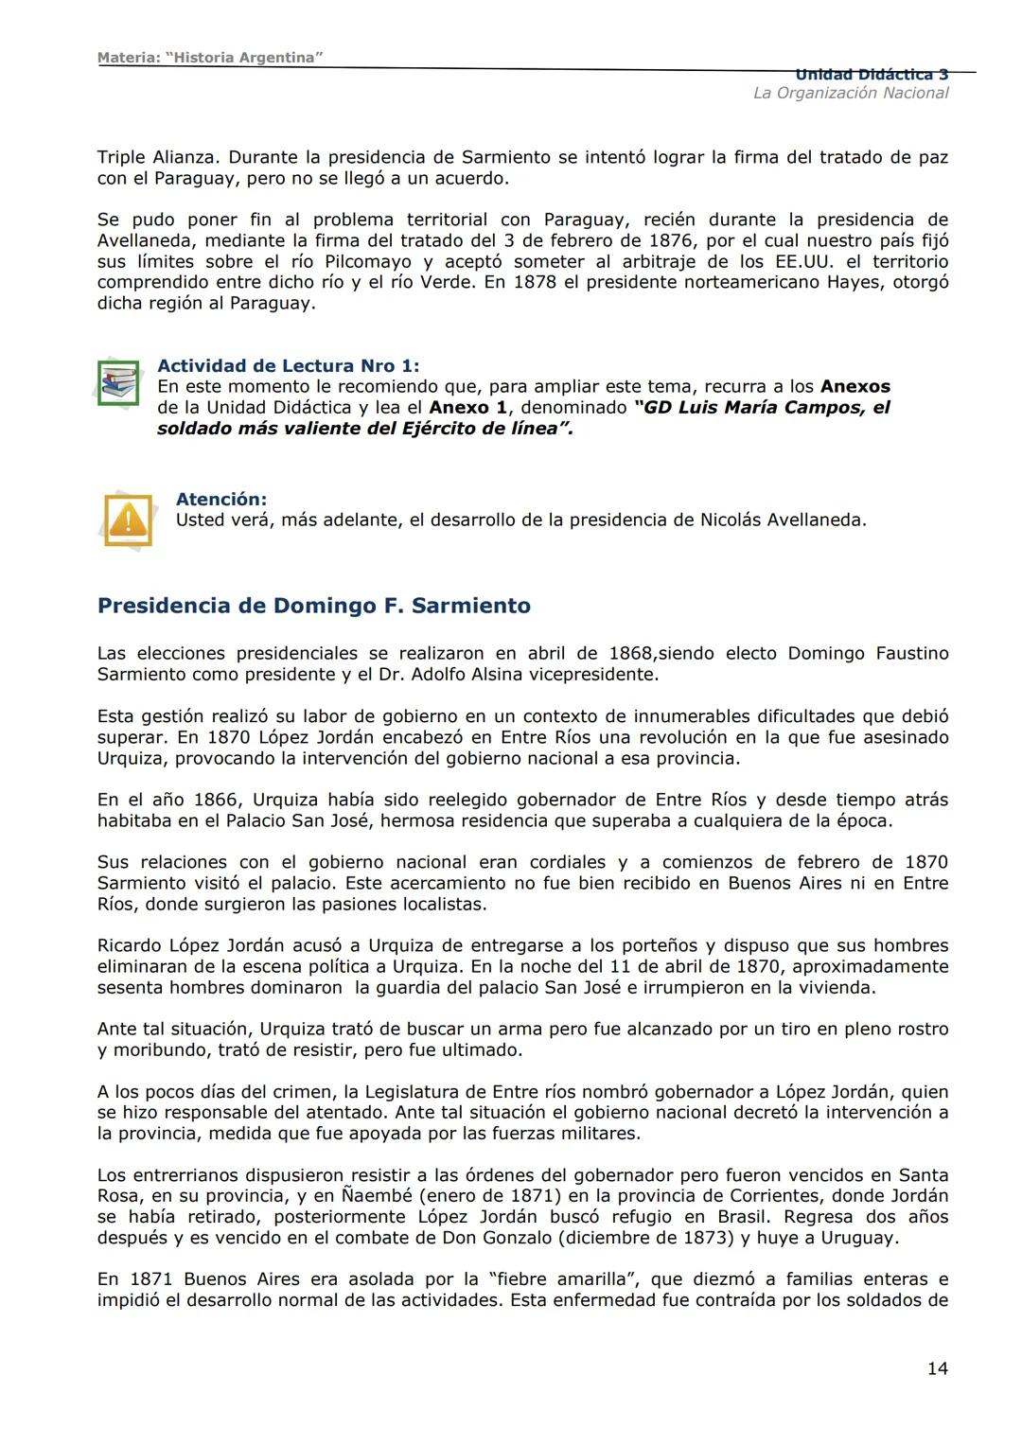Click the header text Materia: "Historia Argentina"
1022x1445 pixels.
(210, 58)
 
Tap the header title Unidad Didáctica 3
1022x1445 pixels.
(871, 75)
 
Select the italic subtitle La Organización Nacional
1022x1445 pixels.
(850, 93)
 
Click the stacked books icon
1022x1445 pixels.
(119, 383)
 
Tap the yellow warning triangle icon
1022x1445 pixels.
(128, 520)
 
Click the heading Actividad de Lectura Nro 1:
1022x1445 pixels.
(288, 366)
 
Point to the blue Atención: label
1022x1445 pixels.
(220, 499)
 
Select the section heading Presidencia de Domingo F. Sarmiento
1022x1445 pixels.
(313, 606)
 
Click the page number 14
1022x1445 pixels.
(937, 1368)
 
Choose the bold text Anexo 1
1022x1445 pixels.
(467, 408)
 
